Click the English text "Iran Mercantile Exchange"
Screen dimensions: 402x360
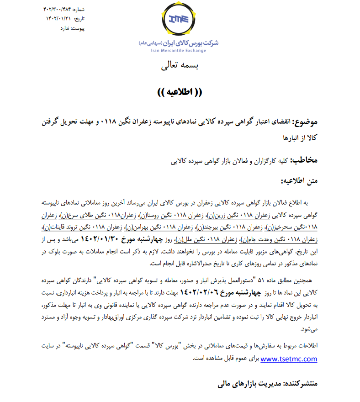178,51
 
